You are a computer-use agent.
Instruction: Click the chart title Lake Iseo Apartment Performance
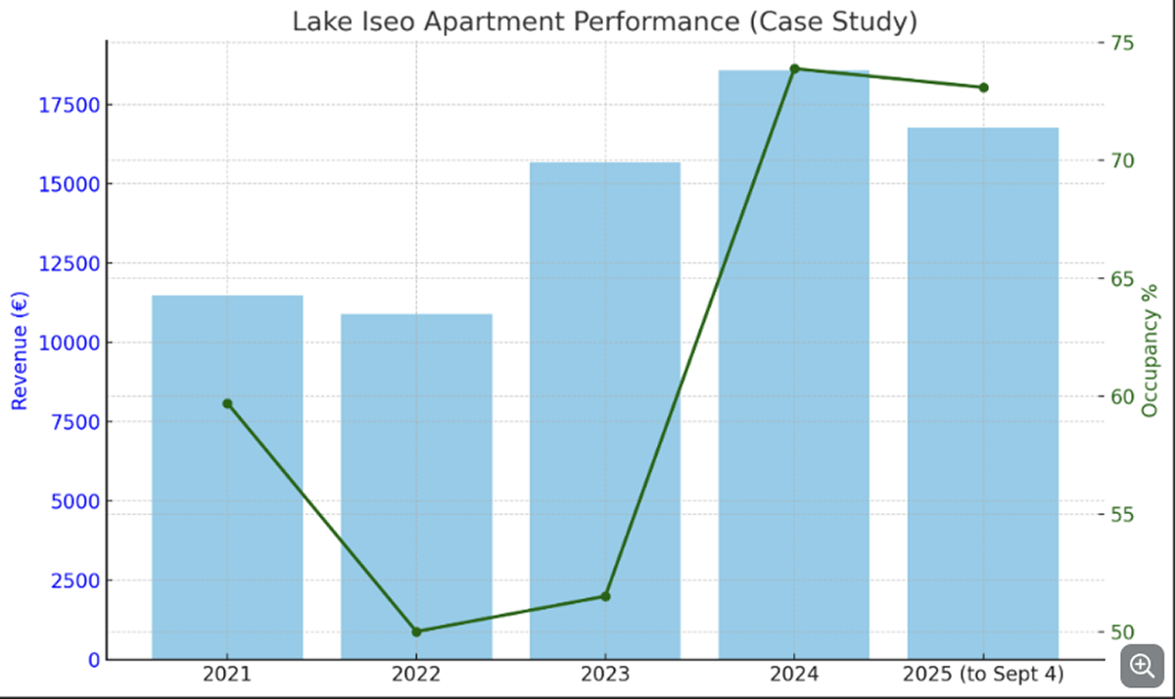[x=604, y=22]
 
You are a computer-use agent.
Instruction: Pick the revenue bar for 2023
[x=605, y=410]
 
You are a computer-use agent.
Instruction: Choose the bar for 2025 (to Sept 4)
[x=983, y=393]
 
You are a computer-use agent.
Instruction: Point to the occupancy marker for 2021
[x=227, y=403]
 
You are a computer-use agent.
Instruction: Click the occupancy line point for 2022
[x=416, y=631]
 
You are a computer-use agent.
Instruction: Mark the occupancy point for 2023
[x=605, y=596]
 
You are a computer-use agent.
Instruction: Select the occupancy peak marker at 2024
[x=794, y=69]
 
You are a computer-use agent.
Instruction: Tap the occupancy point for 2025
[x=983, y=87]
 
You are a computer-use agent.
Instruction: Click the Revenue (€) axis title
[x=19, y=350]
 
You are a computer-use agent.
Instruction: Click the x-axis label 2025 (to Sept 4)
[x=983, y=674]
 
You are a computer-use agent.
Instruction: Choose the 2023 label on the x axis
[x=605, y=674]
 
